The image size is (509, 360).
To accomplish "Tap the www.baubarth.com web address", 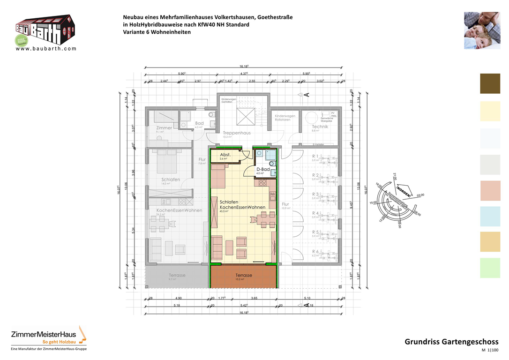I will coord(46,48).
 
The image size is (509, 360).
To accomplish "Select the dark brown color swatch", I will coord(490,84).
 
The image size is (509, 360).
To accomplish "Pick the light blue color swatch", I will coord(490,217).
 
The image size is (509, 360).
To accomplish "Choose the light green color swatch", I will coord(490,268).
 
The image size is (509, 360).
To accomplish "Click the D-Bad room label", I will coord(262,169).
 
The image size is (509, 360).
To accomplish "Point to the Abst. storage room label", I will coord(225,155).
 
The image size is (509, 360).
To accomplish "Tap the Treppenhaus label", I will coord(237,133).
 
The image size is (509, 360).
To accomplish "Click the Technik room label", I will coord(320,127).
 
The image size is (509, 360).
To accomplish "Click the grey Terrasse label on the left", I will coord(177,275).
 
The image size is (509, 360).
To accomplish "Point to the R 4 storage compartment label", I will coord(315,213).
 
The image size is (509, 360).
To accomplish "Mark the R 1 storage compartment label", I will coord(315,156).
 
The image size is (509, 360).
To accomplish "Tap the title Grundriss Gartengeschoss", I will coord(451,342).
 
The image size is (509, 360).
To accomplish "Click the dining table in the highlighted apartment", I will coord(263,218).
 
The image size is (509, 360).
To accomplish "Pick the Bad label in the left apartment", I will coord(199,124).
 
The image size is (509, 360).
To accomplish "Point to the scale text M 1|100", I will coord(489,351).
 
